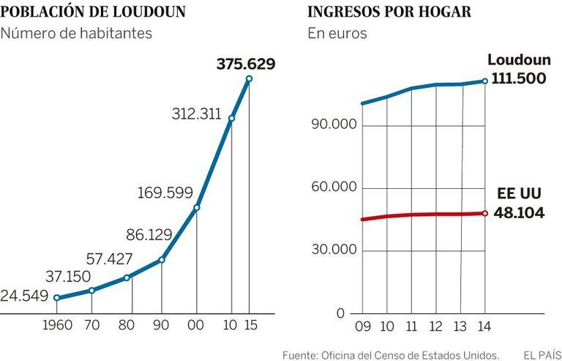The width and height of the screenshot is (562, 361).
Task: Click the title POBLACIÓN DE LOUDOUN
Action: (x=93, y=12)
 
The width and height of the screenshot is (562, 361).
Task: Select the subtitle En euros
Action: (x=337, y=34)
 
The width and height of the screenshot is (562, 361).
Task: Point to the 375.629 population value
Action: (x=246, y=64)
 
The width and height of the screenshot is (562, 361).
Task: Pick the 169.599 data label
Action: (x=165, y=193)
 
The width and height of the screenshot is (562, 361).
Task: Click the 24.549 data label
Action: (x=25, y=297)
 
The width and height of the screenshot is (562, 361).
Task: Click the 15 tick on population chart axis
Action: (x=250, y=324)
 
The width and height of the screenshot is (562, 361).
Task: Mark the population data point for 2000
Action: (x=196, y=208)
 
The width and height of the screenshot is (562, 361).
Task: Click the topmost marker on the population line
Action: (x=250, y=79)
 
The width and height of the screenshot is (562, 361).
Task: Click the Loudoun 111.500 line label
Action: (x=518, y=70)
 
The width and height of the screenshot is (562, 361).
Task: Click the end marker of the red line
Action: (x=484, y=213)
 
